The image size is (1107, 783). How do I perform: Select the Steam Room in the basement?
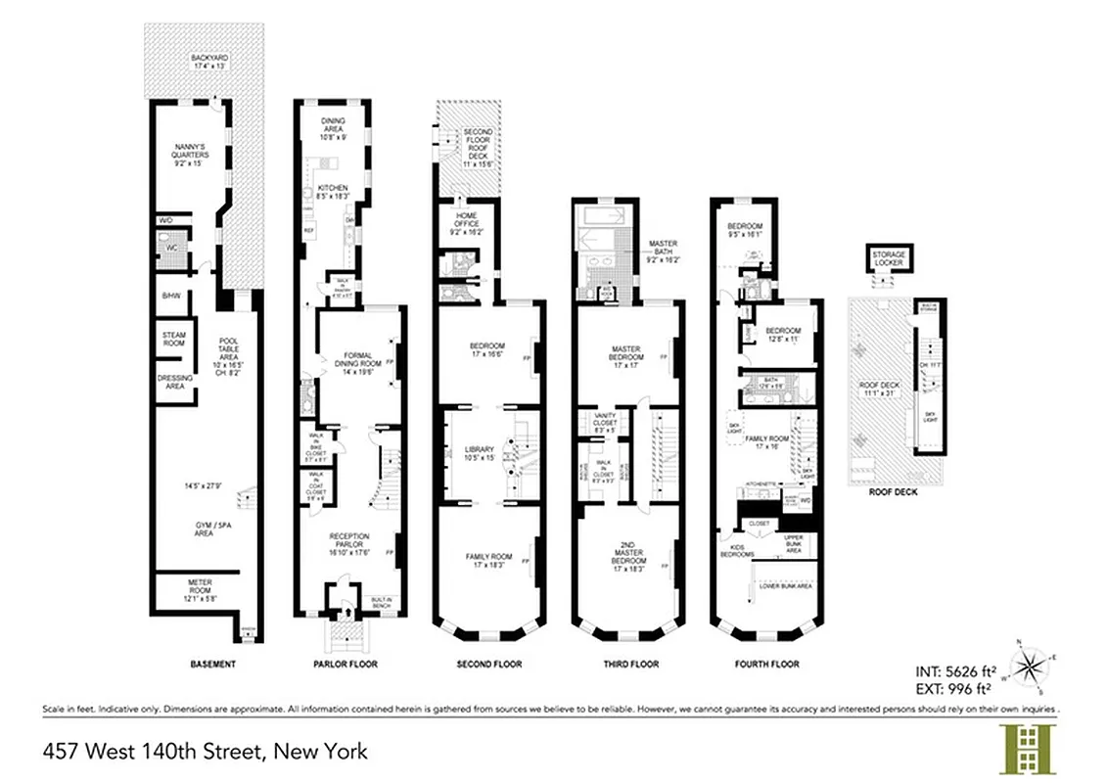pyautogui.click(x=174, y=339)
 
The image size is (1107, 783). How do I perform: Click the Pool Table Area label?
pyautogui.click(x=225, y=349)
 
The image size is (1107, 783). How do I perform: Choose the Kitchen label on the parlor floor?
pyautogui.click(x=334, y=191)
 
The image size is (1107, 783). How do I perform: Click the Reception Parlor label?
pyautogui.click(x=349, y=540)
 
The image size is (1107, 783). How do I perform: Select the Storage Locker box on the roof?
pyautogui.click(x=889, y=260)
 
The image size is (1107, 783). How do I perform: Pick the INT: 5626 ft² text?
pyautogui.click(x=956, y=672)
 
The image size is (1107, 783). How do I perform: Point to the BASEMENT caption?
pyautogui.click(x=212, y=665)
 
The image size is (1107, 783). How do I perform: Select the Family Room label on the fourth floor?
pyautogui.click(x=766, y=440)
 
